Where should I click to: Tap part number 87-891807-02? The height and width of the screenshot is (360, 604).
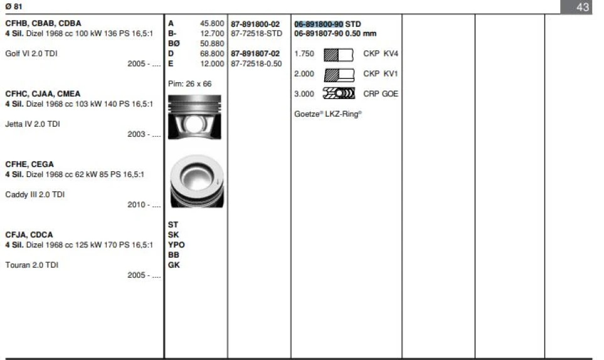coord(255,54)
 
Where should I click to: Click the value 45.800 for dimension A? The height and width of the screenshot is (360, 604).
coord(212,24)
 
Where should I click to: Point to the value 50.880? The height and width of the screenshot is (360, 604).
coord(212,44)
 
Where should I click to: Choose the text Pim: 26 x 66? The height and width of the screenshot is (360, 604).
coord(190,83)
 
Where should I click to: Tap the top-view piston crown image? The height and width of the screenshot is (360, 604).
coord(196,181)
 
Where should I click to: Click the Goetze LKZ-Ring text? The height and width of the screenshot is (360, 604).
coord(328,114)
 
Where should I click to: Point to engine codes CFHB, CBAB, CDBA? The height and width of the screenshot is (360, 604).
coord(43,23)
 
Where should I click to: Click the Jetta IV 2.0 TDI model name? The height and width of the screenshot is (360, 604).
coord(33,124)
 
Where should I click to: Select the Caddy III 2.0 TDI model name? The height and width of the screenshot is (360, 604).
coord(35,194)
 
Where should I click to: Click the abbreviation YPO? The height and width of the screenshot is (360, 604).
coord(176,245)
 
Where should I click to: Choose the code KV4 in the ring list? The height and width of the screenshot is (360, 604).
coord(391,54)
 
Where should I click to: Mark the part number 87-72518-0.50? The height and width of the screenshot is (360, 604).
coord(257,64)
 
